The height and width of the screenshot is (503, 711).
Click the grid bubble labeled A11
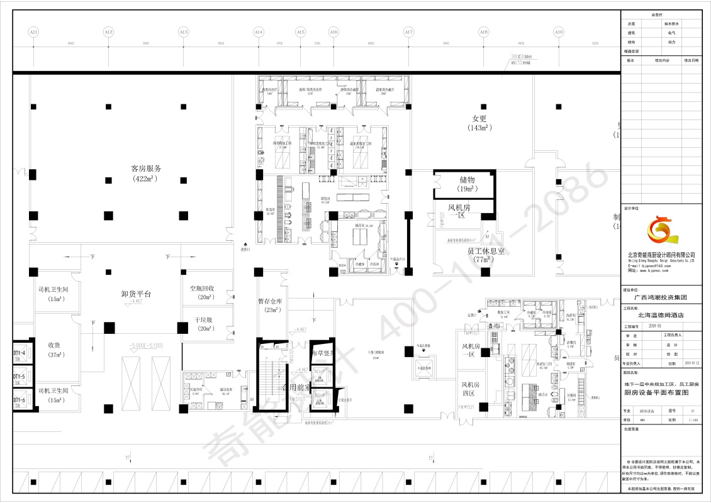[x=33, y=31]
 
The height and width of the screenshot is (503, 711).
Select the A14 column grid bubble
[x=258, y=31]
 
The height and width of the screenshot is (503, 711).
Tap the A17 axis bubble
[x=408, y=31]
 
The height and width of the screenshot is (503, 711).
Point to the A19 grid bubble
[x=558, y=31]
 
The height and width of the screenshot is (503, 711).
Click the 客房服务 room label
[x=146, y=169]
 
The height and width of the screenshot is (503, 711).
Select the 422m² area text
[x=146, y=179]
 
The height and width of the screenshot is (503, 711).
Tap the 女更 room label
[x=480, y=118]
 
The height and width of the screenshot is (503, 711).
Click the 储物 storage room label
[x=467, y=180]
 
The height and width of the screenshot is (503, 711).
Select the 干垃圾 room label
[x=202, y=320]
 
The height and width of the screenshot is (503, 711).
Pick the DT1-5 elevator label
[x=19, y=377]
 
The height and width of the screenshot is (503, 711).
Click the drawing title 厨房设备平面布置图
[x=660, y=392]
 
